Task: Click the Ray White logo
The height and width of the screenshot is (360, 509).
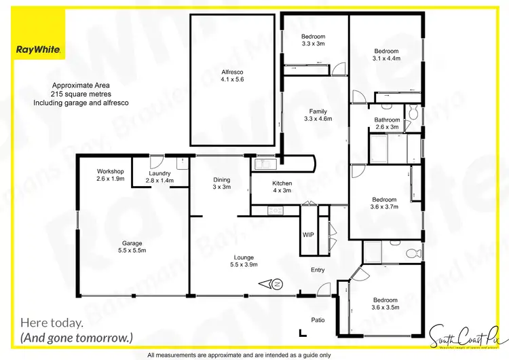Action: [39, 50]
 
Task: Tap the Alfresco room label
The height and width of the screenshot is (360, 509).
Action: [232, 72]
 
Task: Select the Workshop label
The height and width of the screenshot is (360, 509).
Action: [109, 170]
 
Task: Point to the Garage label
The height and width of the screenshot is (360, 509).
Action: [132, 242]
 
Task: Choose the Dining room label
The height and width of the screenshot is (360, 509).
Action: [221, 179]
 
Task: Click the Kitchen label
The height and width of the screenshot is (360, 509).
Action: [282, 183]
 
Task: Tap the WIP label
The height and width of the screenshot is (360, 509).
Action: [307, 235]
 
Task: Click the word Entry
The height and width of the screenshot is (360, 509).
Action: [318, 270]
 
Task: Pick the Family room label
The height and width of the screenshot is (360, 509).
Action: [318, 111]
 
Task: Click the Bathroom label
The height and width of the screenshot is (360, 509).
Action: [387, 120]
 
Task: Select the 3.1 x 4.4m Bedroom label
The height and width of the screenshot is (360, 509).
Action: [386, 51]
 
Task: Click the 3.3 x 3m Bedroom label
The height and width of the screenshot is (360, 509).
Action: [314, 37]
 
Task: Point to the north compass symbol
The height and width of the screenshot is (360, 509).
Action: [278, 284]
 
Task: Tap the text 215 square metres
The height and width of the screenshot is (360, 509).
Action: [81, 94]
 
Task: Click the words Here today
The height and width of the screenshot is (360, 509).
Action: [52, 323]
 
